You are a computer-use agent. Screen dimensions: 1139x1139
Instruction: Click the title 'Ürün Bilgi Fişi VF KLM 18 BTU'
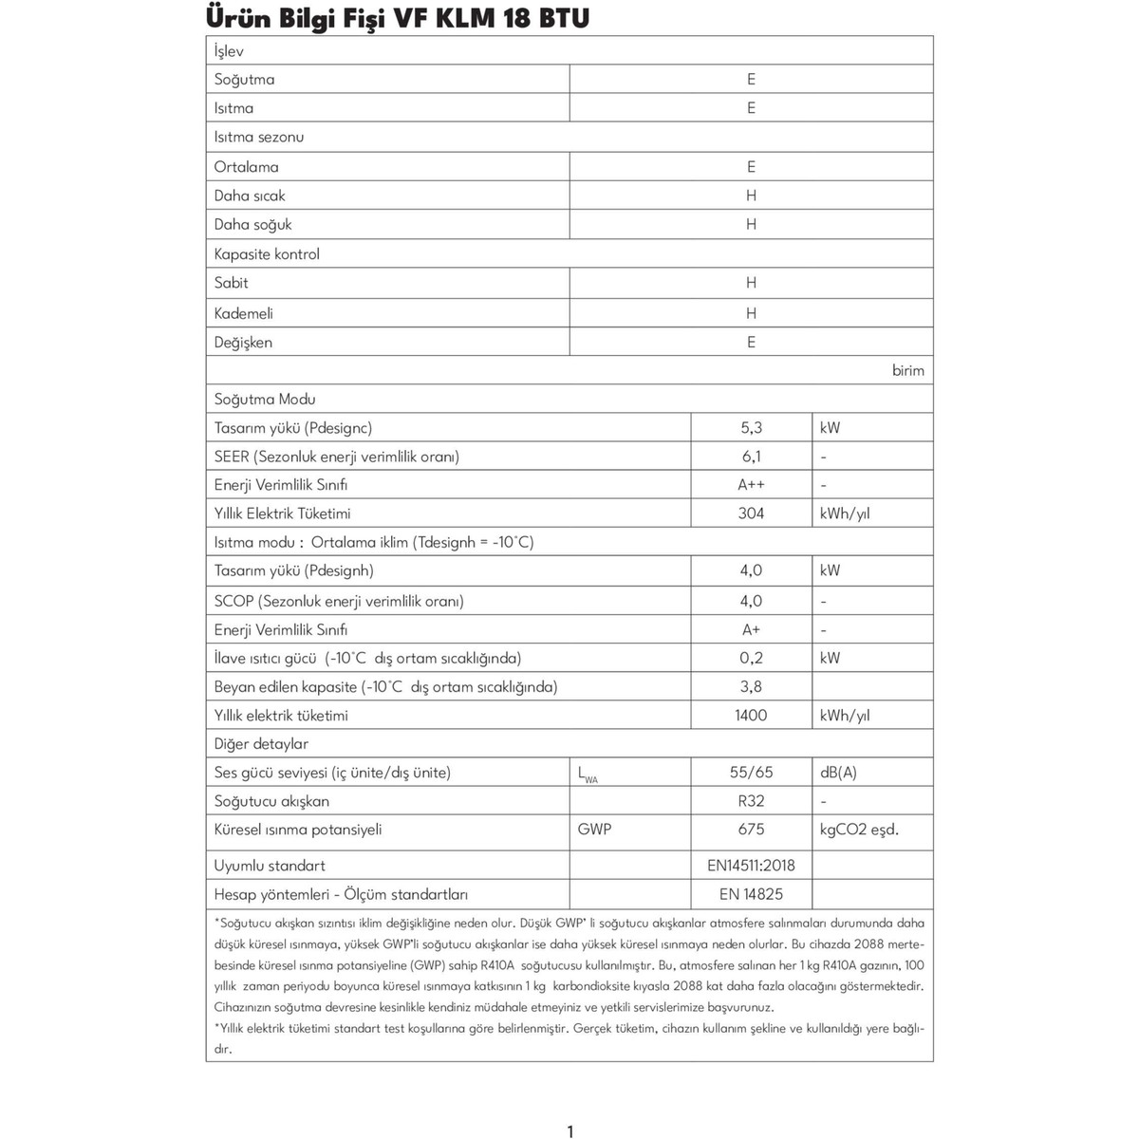coord(397,18)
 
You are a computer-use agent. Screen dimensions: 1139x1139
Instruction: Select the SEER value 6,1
coord(751,457)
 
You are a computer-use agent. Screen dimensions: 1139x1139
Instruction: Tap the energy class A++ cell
coord(751,485)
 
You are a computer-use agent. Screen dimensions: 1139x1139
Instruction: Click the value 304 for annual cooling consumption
coord(751,513)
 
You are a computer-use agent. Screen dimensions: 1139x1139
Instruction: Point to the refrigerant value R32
coord(751,801)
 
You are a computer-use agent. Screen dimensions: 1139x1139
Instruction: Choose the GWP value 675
coord(751,830)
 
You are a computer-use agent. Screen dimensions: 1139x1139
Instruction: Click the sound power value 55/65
coord(751,773)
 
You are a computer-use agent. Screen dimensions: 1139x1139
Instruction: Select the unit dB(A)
coord(838,773)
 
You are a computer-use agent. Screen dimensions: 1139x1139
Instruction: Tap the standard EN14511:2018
coord(751,866)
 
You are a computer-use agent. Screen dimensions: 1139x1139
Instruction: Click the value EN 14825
coord(751,894)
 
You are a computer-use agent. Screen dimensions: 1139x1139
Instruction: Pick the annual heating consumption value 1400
coord(751,716)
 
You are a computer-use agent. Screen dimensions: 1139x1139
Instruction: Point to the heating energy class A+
coord(751,630)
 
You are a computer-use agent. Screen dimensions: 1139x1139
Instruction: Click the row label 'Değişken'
coord(243,343)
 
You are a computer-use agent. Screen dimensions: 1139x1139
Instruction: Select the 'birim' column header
coord(907,370)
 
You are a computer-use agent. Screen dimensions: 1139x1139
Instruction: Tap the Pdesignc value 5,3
coord(751,428)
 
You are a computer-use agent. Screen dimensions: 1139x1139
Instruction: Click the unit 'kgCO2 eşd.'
coord(859,830)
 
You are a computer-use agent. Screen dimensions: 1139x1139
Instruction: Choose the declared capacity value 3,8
coord(751,687)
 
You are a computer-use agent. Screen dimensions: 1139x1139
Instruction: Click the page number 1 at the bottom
coord(569,1130)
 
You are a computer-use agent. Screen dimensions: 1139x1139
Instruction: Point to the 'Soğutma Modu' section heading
coord(265,400)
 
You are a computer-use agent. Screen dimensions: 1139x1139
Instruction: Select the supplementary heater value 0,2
coord(751,659)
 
